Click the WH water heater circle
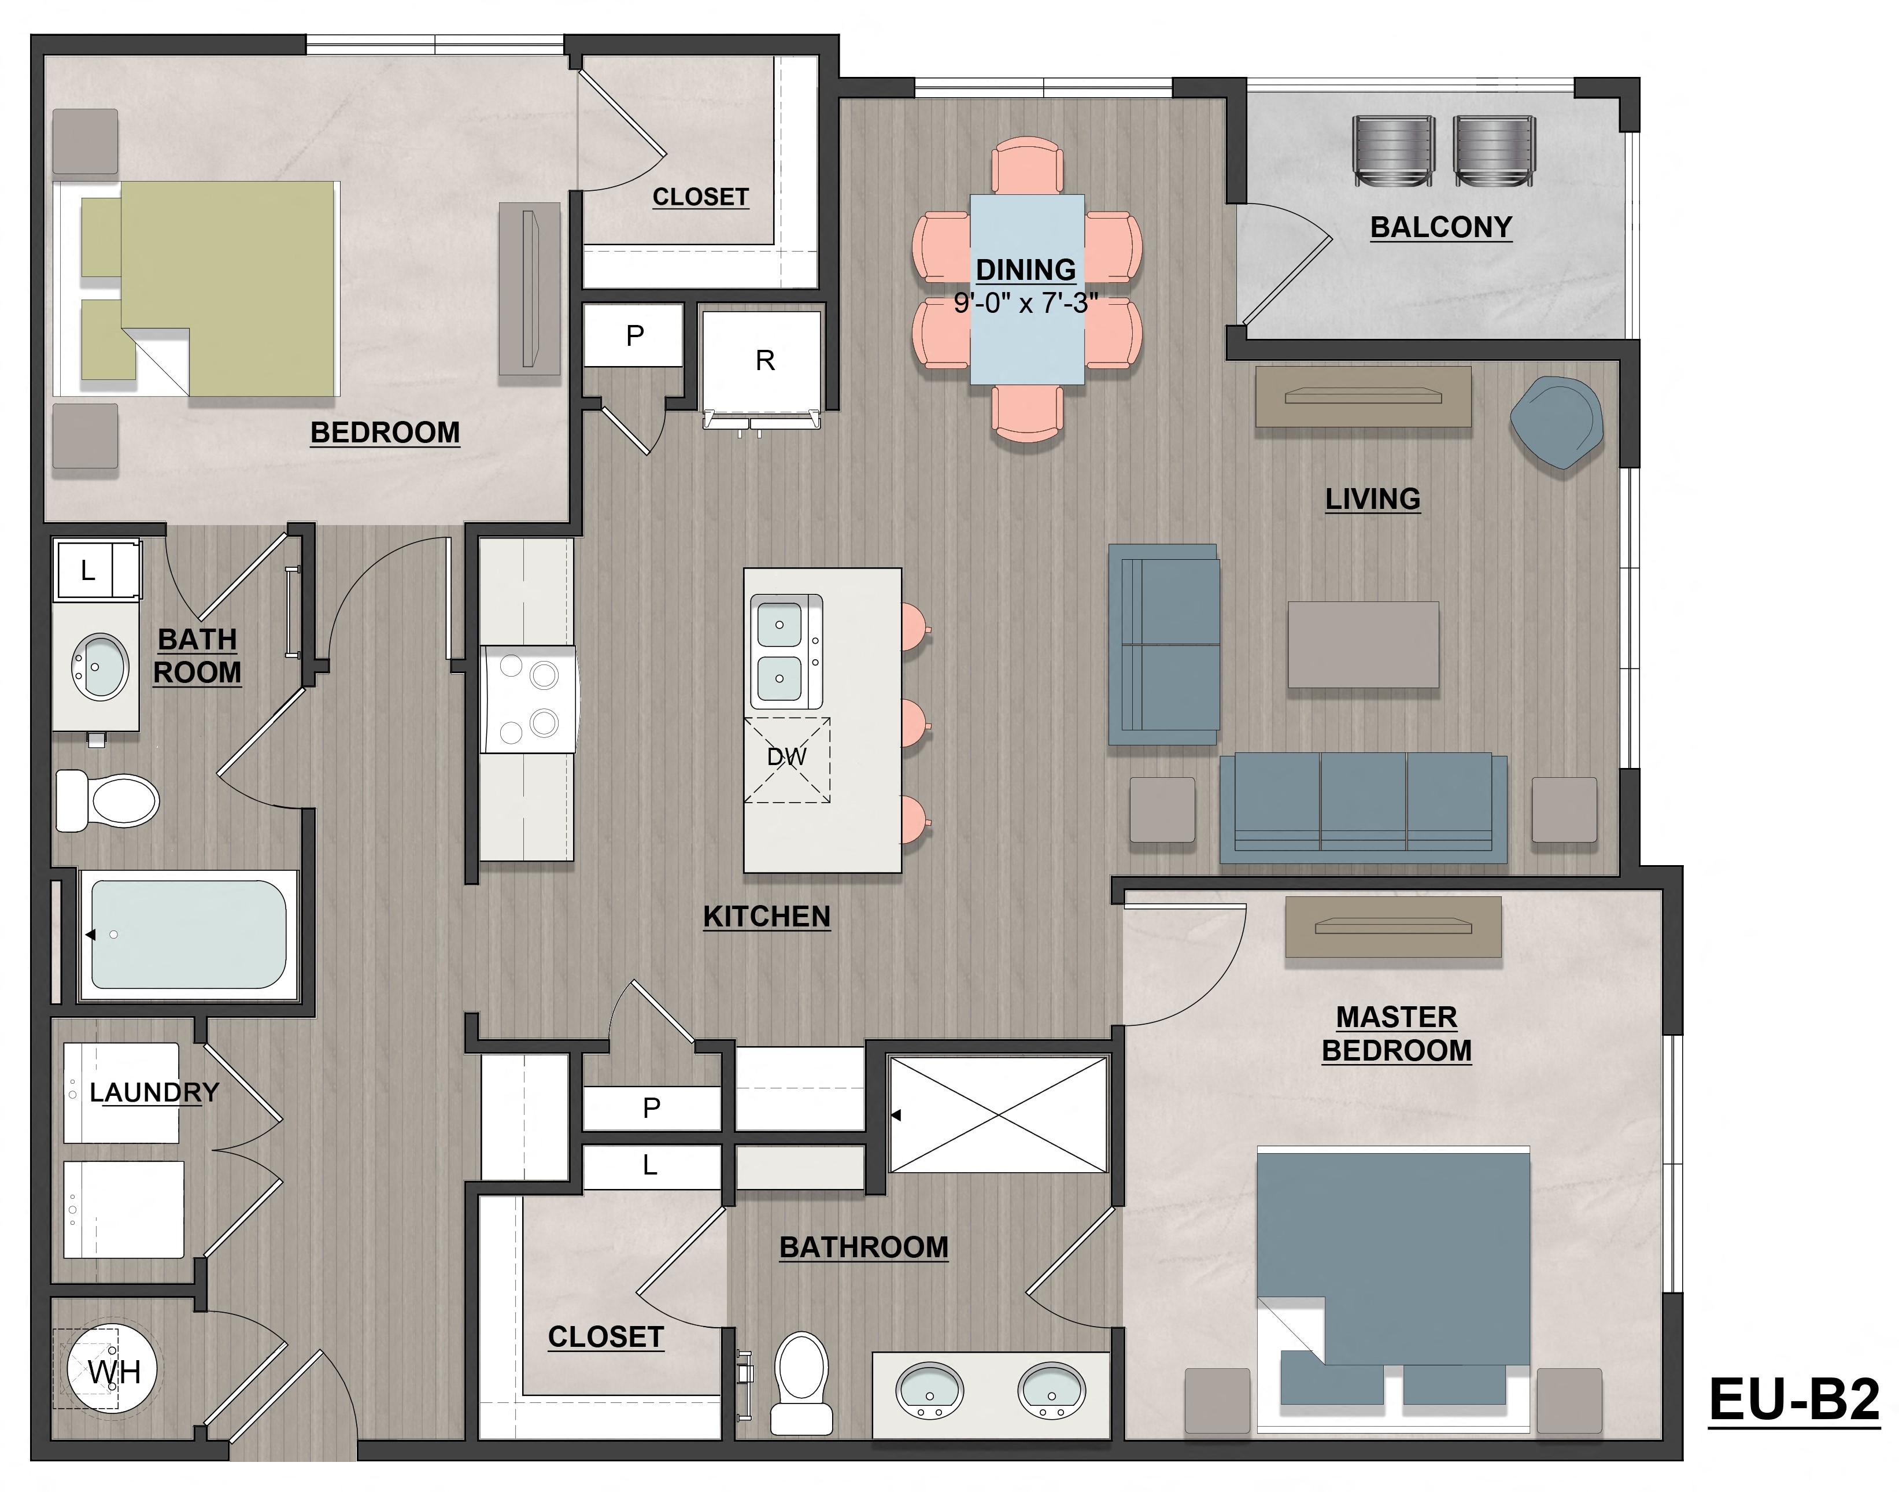point(112,1372)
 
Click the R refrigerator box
point(763,361)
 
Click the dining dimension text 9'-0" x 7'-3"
point(1025,303)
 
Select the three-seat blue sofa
point(1363,806)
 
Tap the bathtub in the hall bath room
point(188,934)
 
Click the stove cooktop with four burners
point(527,699)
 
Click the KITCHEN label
point(766,917)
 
